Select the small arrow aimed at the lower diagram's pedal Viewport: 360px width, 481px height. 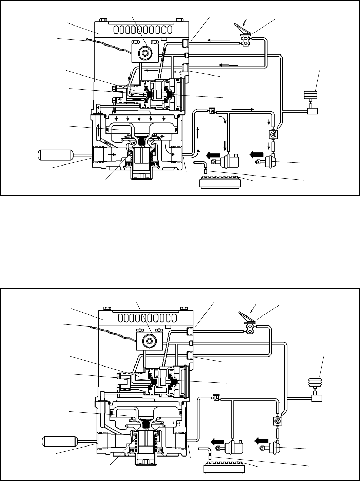click(x=254, y=307)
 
